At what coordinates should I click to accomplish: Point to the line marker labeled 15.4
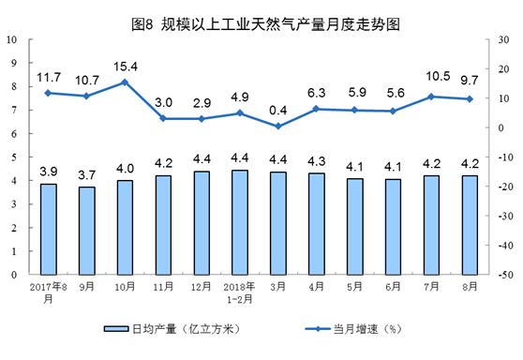coord(124,82)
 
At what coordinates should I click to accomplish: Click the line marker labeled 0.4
coord(277,126)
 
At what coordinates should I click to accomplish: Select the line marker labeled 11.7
coord(49,93)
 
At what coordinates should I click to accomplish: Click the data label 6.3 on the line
coord(315,92)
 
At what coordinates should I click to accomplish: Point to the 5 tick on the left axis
coord(14,157)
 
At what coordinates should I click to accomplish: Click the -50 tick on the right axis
coord(503,275)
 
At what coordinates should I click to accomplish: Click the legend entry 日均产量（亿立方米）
coord(169,330)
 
